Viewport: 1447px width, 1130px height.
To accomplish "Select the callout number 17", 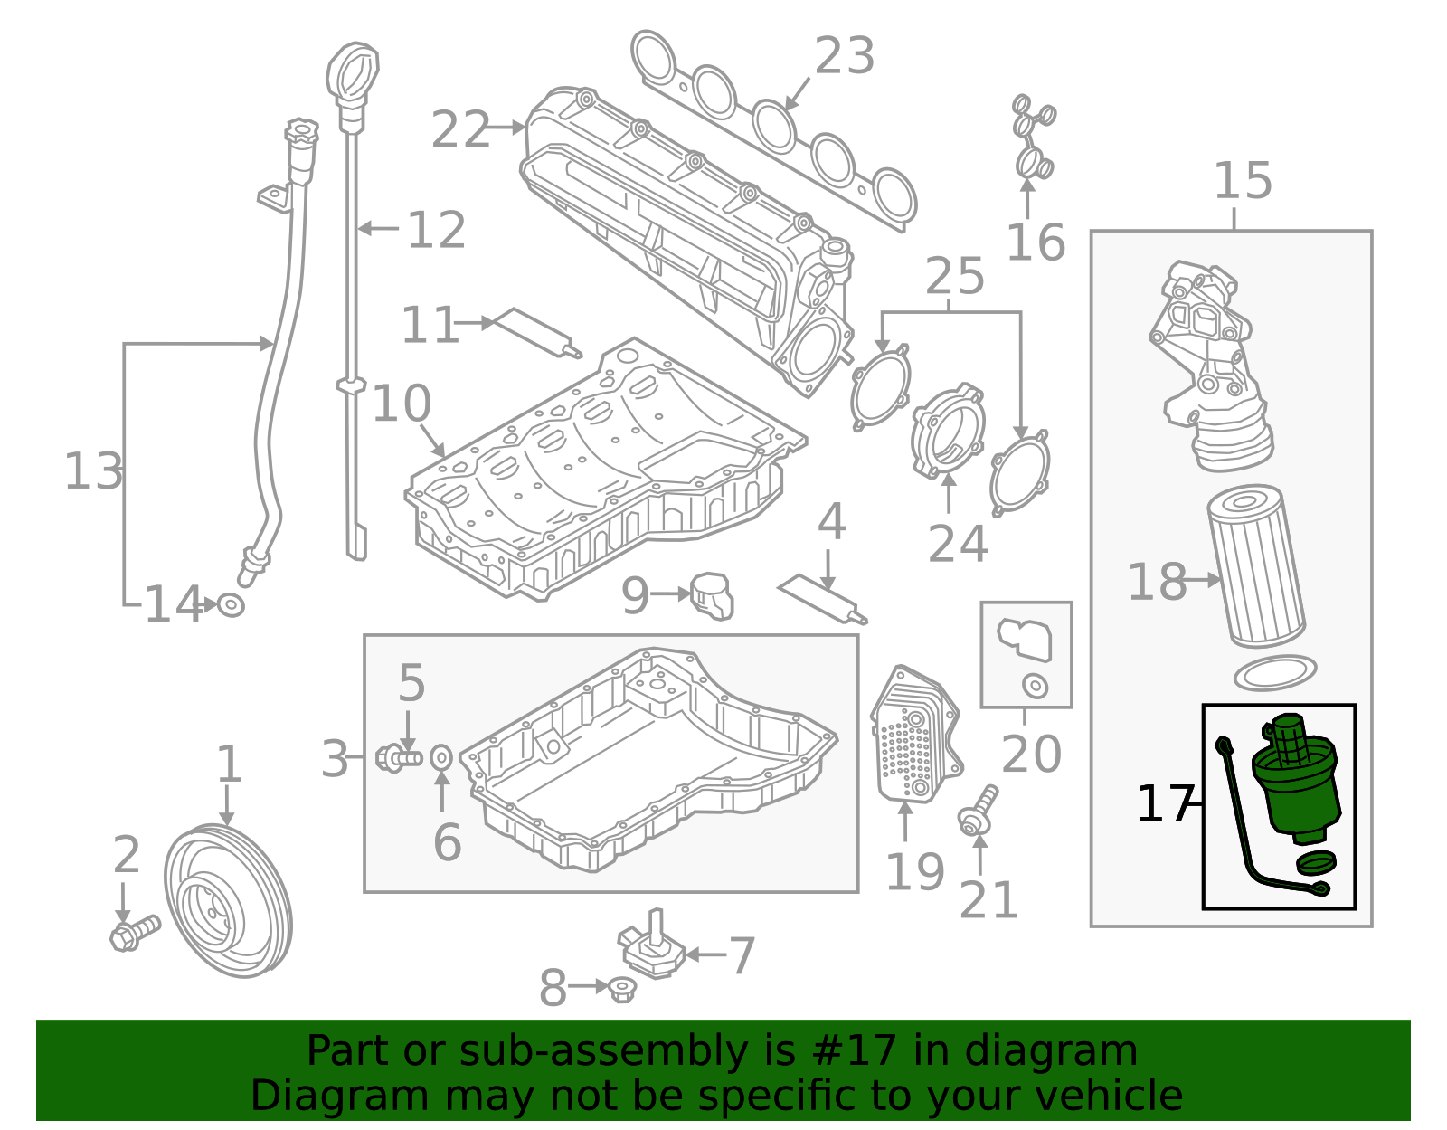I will coord(1163,803).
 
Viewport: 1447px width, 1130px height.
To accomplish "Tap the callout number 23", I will coord(844,56).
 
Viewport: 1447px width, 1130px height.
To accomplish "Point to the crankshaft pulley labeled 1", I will coord(228,900).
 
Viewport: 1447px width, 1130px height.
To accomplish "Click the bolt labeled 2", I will coord(134,933).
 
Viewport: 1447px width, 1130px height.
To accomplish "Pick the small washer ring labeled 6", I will coord(441,756).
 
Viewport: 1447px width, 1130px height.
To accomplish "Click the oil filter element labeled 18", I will coord(1257,567).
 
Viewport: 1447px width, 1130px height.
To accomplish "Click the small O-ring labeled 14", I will coord(231,603).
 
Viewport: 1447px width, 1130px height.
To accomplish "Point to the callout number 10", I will coord(401,404).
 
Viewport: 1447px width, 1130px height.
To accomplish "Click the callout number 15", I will coord(1243,181).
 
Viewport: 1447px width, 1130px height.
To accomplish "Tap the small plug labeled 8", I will coord(621,988).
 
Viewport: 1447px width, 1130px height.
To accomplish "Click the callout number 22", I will coord(459,130).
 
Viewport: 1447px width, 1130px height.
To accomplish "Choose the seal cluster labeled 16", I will coord(1032,138).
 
